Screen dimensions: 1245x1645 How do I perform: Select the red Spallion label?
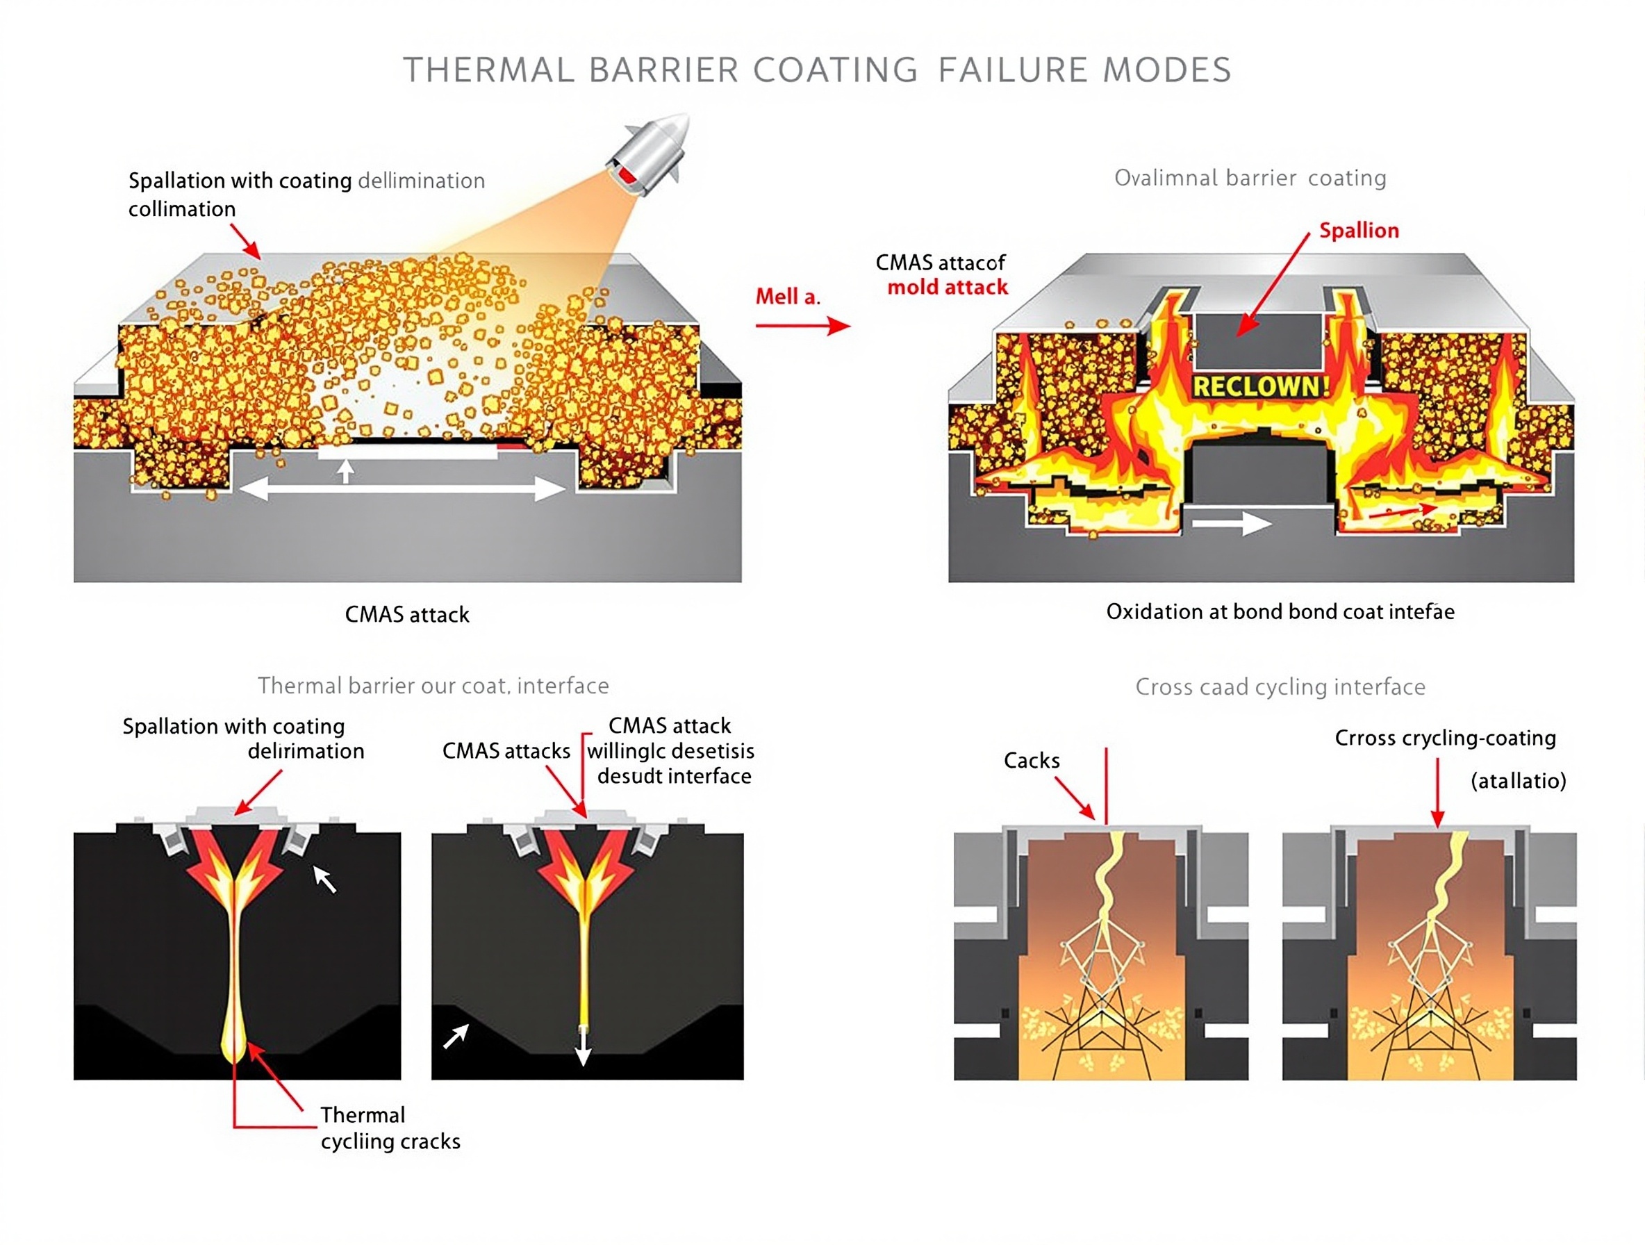click(1359, 231)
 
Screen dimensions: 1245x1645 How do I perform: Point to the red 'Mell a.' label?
click(788, 297)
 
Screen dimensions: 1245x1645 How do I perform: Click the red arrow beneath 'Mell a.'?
click(802, 325)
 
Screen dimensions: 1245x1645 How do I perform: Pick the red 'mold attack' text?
click(948, 287)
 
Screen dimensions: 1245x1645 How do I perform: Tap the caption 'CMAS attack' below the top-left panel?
click(407, 614)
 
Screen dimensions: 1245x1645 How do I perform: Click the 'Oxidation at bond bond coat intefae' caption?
click(1280, 611)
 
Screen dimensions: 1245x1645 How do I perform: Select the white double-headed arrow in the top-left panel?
click(402, 488)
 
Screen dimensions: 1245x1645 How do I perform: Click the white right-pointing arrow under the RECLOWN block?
click(1231, 524)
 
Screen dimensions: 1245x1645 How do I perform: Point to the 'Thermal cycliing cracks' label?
click(390, 1128)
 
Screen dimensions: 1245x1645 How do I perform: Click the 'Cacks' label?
click(1032, 760)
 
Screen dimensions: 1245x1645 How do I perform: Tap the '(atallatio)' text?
click(1518, 780)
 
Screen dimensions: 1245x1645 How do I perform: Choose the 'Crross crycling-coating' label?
click(1445, 738)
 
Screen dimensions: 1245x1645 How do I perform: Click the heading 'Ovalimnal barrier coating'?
click(1250, 178)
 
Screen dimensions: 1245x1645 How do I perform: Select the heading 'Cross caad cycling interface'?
click(1280, 686)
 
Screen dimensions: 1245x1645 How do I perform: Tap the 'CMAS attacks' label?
click(506, 750)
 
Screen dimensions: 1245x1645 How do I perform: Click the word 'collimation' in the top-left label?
click(182, 209)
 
